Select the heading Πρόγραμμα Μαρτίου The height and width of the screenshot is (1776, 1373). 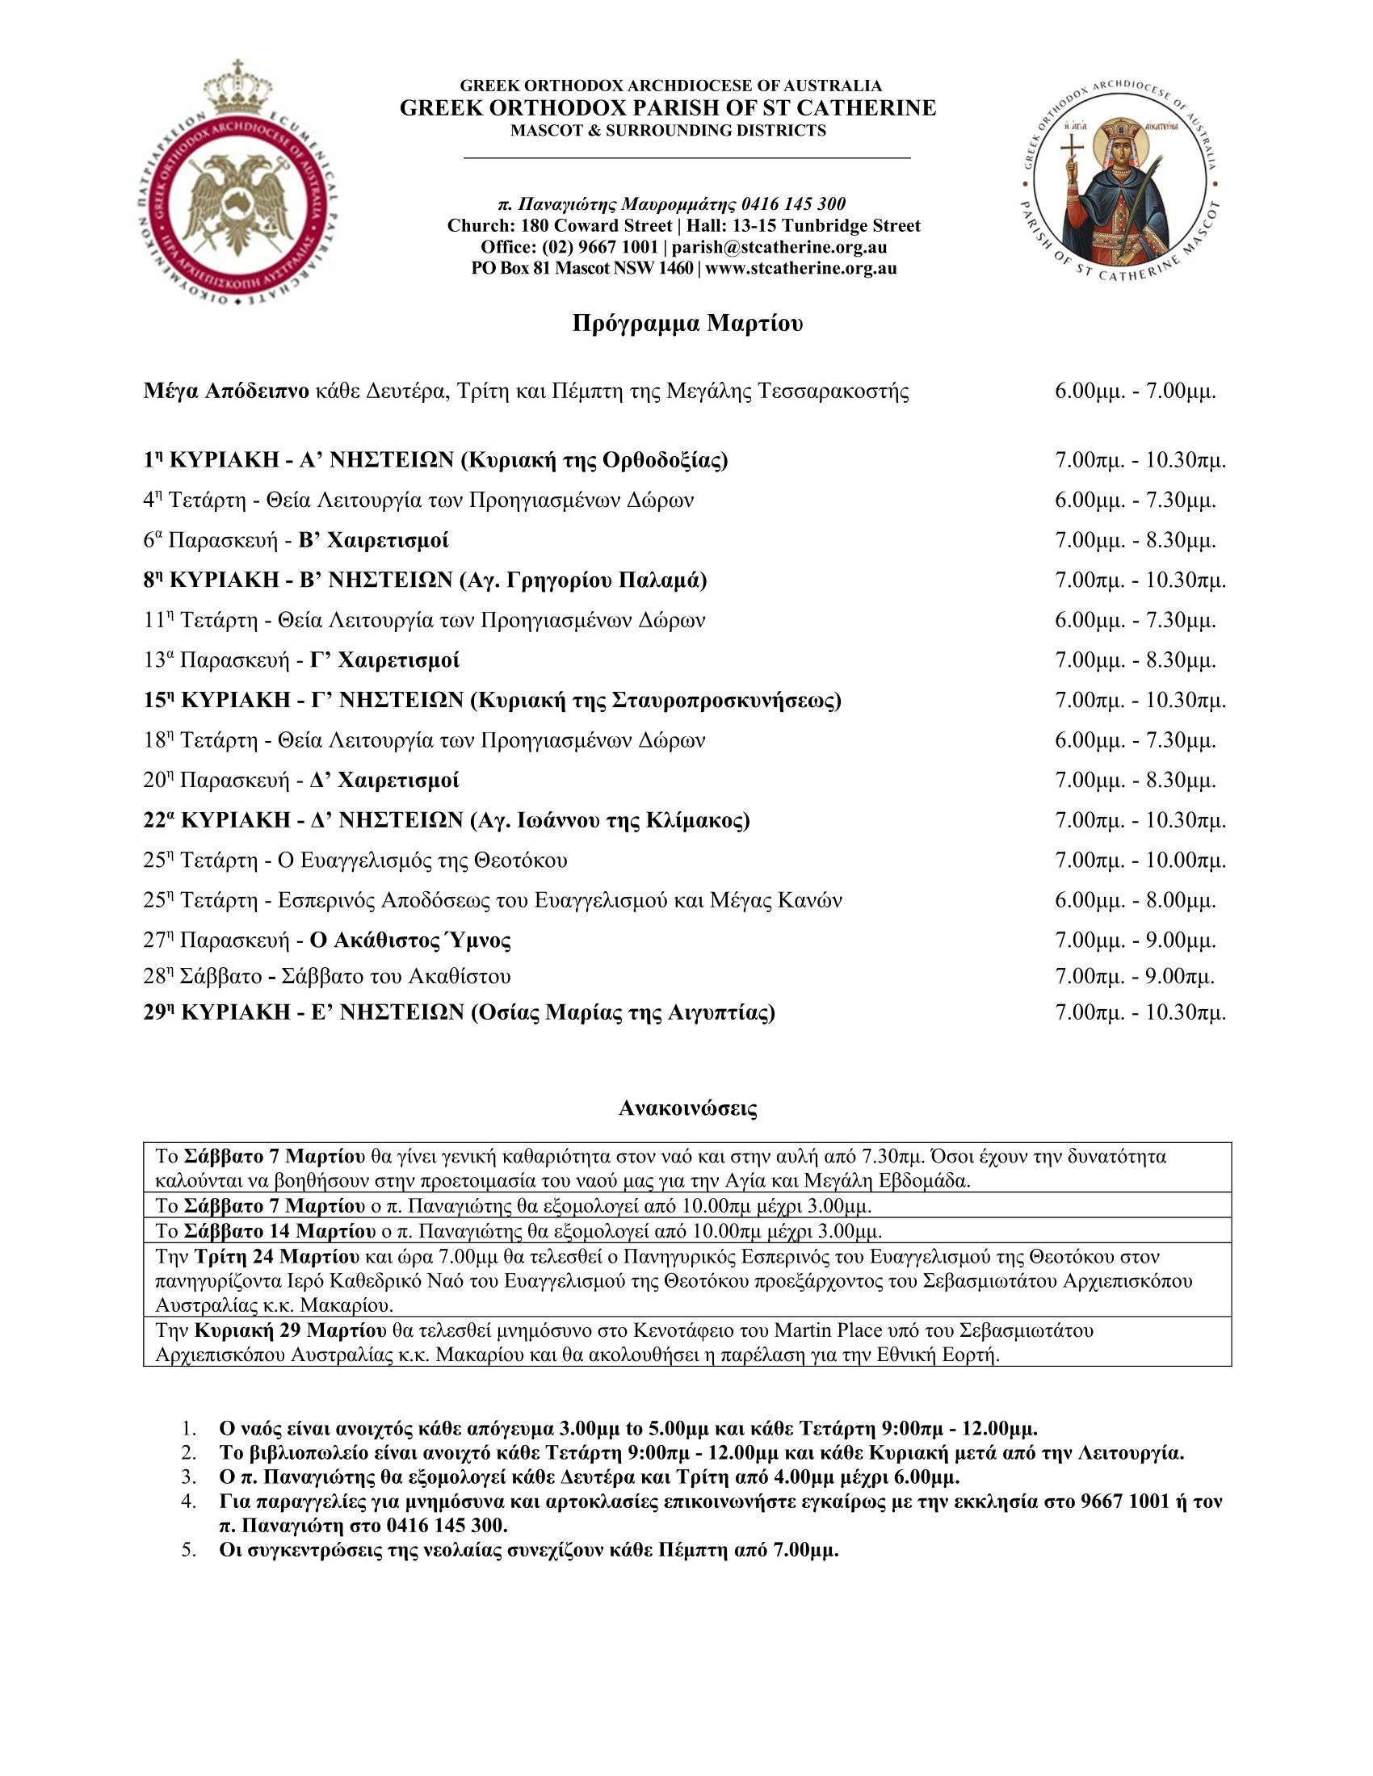pos(687,324)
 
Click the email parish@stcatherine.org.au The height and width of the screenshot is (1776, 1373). pos(779,247)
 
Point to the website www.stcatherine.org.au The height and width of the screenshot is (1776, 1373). pos(801,268)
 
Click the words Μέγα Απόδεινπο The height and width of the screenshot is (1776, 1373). pos(226,392)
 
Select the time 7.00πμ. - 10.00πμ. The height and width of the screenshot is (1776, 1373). pos(1140,861)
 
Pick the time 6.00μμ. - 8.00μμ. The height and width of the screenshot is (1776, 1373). pos(1136,900)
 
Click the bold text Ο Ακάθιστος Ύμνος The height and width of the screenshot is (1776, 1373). pos(411,940)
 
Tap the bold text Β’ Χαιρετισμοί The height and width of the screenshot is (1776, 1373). pos(373,541)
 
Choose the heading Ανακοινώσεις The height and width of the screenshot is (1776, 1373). pos(687,1108)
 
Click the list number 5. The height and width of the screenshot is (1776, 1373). pos(189,1550)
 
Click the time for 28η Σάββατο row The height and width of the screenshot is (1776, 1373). pos(1135,977)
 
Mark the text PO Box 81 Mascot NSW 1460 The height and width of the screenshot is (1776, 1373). pos(582,268)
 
